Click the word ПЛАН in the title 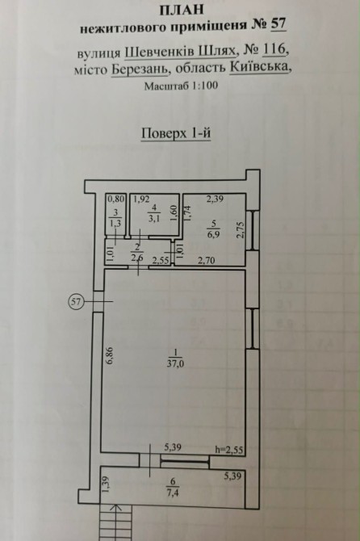point(182,10)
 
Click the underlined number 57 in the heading point(278,24)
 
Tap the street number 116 point(274,50)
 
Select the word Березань point(140,69)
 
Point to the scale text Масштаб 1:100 point(181,86)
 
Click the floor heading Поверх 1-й point(176,133)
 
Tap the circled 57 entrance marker point(76,302)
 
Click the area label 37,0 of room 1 point(175,363)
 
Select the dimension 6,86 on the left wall point(111,356)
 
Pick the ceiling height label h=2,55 point(229,450)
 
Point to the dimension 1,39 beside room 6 point(106,484)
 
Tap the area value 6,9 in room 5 point(214,235)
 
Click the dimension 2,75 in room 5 point(241,229)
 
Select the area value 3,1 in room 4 point(154,218)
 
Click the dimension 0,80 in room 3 point(115,199)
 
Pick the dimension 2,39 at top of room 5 point(215,199)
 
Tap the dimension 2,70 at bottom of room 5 point(206,260)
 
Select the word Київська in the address point(258,66)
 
